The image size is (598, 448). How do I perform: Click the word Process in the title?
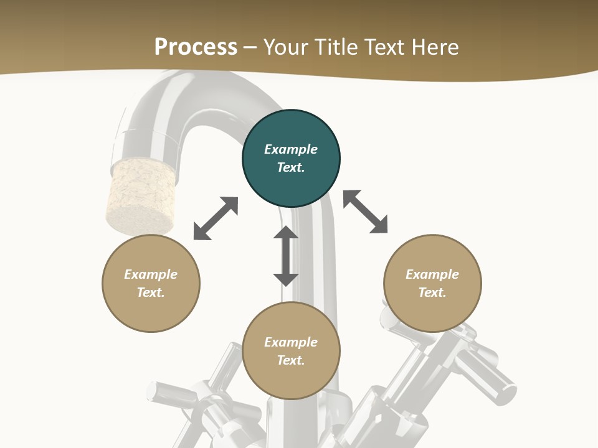point(196,47)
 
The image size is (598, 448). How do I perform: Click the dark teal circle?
point(291,158)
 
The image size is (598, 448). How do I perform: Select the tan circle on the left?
point(151,283)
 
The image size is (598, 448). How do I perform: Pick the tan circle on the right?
point(432,283)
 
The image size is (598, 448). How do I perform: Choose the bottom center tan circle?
point(291,351)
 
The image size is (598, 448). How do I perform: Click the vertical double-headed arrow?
point(286,256)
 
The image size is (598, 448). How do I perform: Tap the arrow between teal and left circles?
point(216,218)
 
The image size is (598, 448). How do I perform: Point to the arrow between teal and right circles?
point(365,212)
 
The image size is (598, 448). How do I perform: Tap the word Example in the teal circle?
point(291,149)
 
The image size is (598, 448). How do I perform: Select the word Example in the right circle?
point(432,274)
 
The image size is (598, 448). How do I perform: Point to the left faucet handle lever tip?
point(153,391)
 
